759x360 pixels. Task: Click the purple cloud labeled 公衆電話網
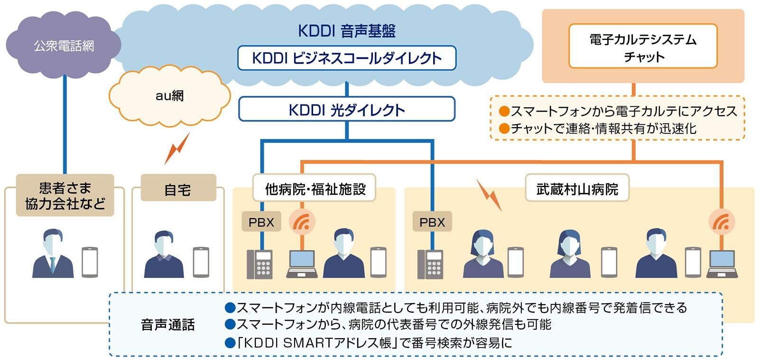[64, 46]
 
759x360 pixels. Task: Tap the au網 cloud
[169, 96]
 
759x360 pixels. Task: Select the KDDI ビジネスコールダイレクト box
[346, 58]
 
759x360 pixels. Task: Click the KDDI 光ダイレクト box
[346, 110]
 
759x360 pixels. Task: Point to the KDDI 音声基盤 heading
[346, 31]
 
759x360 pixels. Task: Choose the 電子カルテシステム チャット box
[643, 46]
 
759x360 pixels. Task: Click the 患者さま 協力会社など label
[65, 195]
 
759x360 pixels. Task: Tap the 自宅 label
[178, 189]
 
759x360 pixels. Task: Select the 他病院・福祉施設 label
[315, 189]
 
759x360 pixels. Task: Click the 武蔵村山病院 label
[577, 189]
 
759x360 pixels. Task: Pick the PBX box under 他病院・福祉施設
[261, 222]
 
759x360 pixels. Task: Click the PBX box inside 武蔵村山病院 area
[432, 222]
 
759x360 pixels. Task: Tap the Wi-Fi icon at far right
[721, 222]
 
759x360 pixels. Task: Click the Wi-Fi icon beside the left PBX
[302, 222]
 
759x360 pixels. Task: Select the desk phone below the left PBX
[259, 264]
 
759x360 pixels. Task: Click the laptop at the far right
[722, 264]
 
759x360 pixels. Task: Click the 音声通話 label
[167, 324]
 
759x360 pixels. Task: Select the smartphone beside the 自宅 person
[201, 262]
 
